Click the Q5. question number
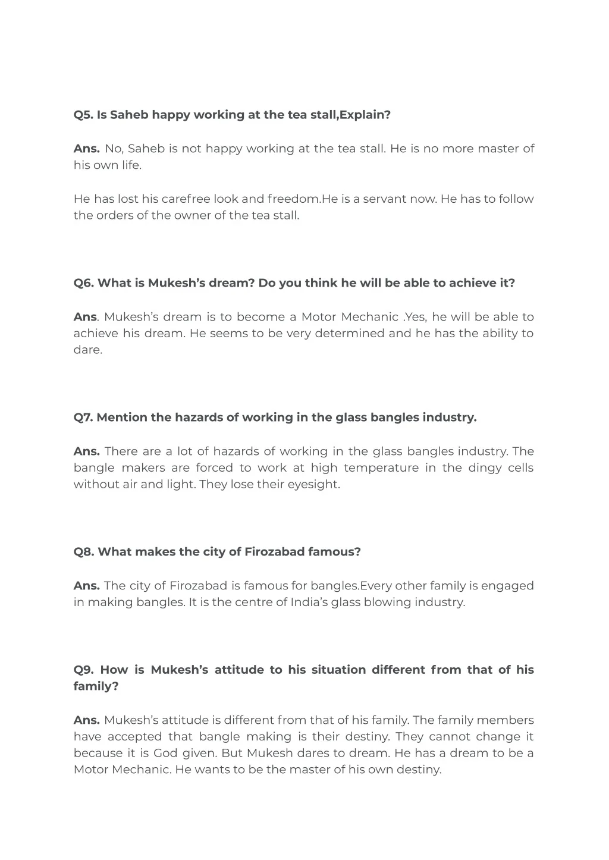pyautogui.click(x=83, y=115)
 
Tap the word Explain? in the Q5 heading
pyautogui.click(x=365, y=115)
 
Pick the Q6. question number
pyautogui.click(x=84, y=283)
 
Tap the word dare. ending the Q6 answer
pyautogui.click(x=88, y=350)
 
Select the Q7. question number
pyautogui.click(x=83, y=418)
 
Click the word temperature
pyautogui.click(x=381, y=467)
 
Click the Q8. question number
pyautogui.click(x=84, y=552)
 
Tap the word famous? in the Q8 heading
pyautogui.click(x=334, y=552)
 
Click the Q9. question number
pyautogui.click(x=84, y=670)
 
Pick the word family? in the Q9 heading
pyautogui.click(x=96, y=686)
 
